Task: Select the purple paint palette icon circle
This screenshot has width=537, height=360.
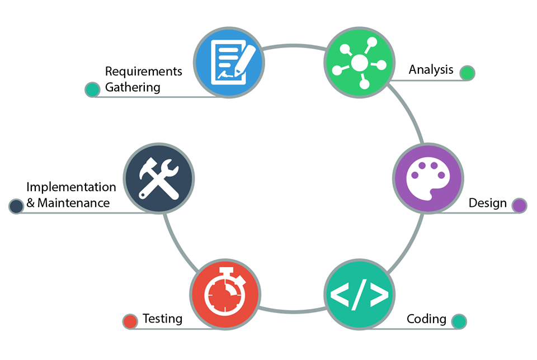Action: (x=428, y=178)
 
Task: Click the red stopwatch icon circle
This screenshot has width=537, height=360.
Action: (x=225, y=294)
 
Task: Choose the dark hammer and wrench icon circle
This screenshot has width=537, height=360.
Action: (x=158, y=178)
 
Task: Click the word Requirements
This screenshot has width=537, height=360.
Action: (x=144, y=72)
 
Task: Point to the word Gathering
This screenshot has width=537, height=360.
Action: (x=133, y=87)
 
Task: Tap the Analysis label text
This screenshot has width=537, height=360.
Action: (x=431, y=70)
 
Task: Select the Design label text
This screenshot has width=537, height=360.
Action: (x=487, y=203)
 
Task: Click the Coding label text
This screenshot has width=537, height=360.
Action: (x=426, y=319)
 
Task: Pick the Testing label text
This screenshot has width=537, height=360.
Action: (x=162, y=319)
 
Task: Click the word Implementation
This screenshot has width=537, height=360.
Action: (x=71, y=187)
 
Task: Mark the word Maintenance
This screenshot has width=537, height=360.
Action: (x=74, y=203)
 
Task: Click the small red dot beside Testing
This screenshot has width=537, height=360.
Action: (x=130, y=321)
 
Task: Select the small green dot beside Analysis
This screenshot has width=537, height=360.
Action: (x=467, y=73)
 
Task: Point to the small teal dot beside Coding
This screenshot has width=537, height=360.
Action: (x=459, y=321)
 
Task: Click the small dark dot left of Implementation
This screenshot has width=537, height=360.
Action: (x=16, y=206)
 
